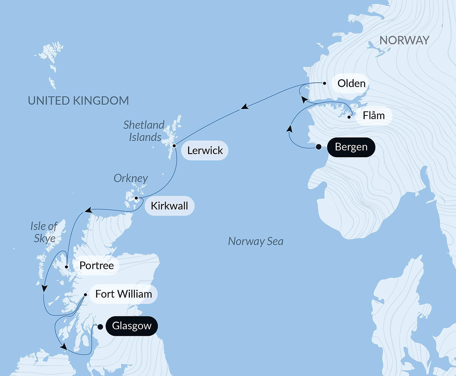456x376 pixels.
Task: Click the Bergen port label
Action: pyautogui.click(x=351, y=147)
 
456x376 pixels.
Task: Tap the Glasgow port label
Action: pyautogui.click(x=132, y=326)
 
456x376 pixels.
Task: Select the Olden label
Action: pyautogui.click(x=351, y=83)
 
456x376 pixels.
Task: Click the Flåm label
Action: pyautogui.click(x=373, y=116)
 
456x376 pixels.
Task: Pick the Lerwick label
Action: pyautogui.click(x=205, y=150)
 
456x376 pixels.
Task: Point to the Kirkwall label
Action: pyautogui.click(x=169, y=206)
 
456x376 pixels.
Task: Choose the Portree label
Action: pyautogui.click(x=96, y=265)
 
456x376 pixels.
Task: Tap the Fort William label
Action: pyautogui.click(x=123, y=294)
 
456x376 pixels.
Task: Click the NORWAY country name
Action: pyautogui.click(x=404, y=40)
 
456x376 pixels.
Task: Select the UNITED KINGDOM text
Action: pyautogui.click(x=78, y=101)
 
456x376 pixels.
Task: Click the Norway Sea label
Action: pyautogui.click(x=255, y=241)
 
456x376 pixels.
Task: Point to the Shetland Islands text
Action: pyautogui.click(x=144, y=131)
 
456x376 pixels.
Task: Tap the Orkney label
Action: pyautogui.click(x=131, y=179)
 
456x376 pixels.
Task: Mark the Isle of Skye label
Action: pyautogui.click(x=44, y=232)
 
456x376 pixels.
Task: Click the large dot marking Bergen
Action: pyautogui.click(x=319, y=147)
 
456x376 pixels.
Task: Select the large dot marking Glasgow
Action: pyautogui.click(x=100, y=327)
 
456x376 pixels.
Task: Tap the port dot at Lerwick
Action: pyautogui.click(x=174, y=146)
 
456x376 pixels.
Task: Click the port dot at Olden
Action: pyautogui.click(x=325, y=83)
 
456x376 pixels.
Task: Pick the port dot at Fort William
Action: pyautogui.click(x=85, y=295)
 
